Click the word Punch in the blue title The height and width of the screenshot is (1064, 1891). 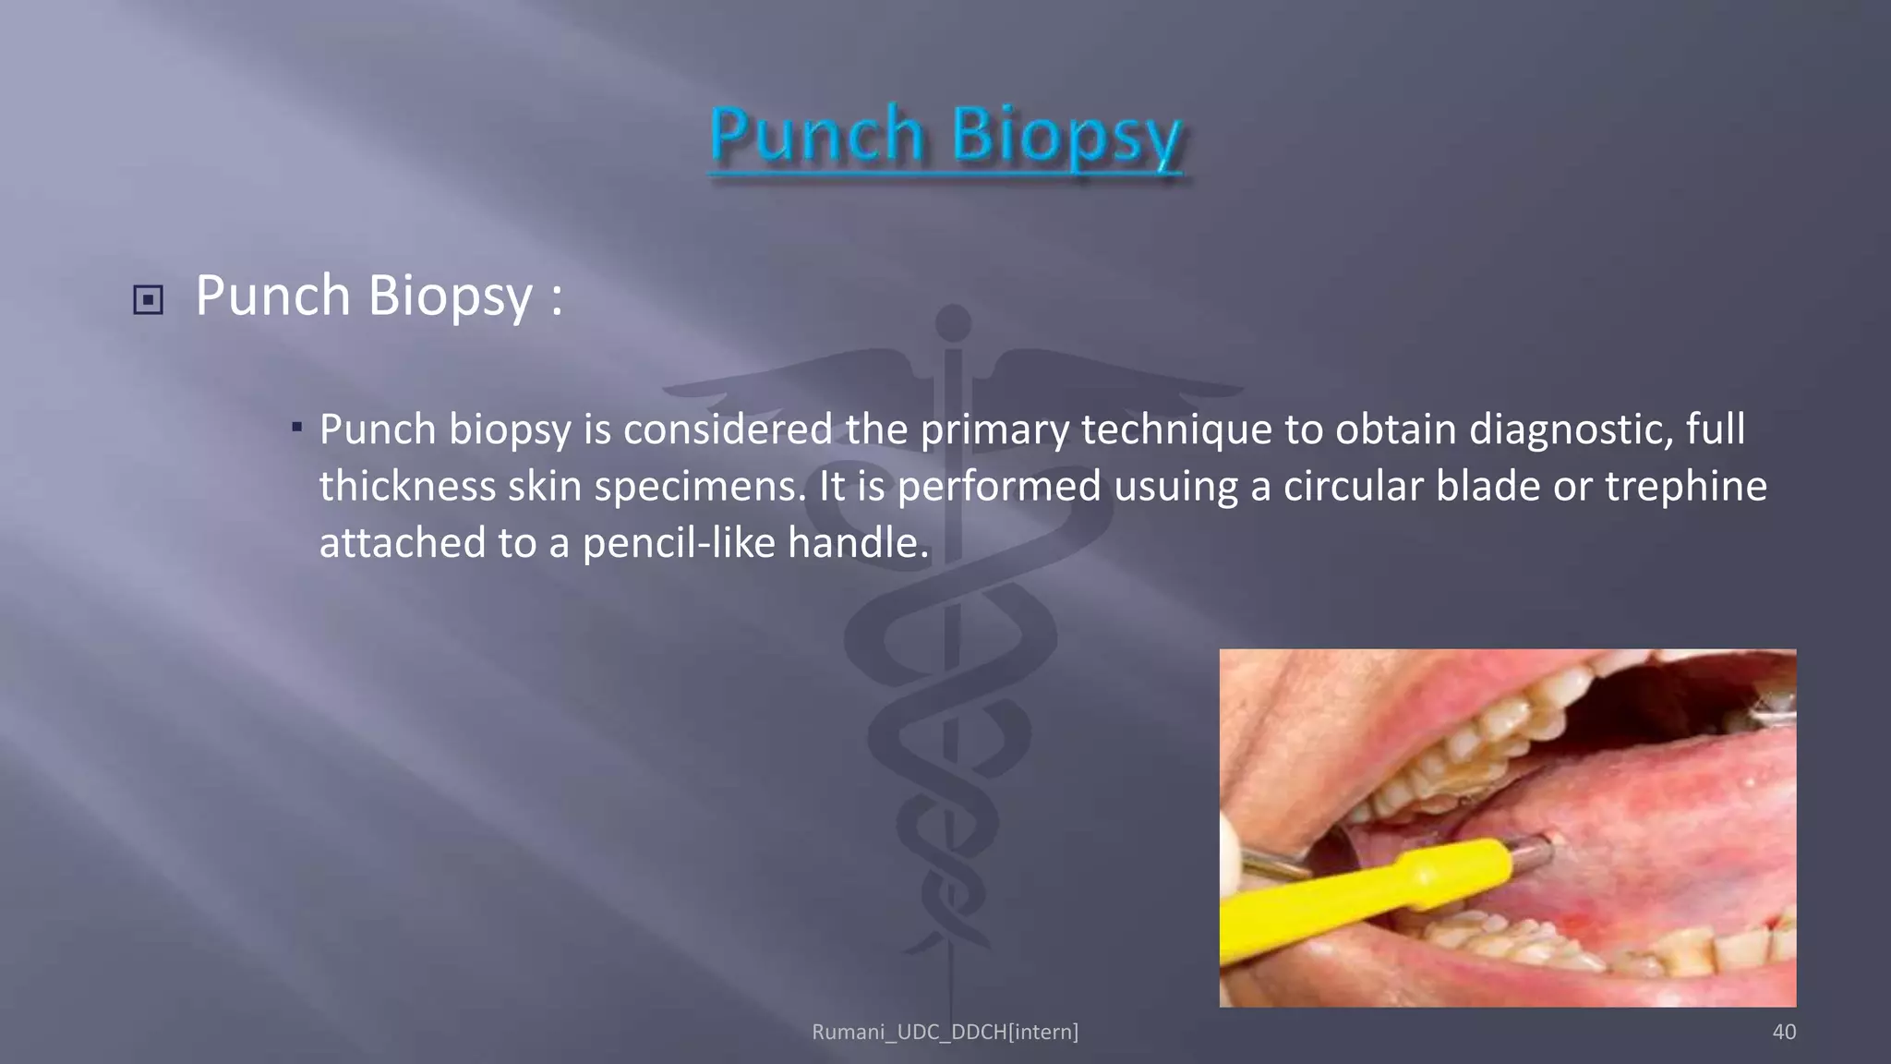[x=816, y=135]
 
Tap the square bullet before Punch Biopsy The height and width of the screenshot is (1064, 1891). [x=148, y=300]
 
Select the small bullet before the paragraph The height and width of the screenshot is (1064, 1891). [x=296, y=427]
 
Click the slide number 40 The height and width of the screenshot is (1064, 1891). [x=1784, y=1032]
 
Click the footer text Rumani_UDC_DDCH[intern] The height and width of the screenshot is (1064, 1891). [x=945, y=1032]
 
